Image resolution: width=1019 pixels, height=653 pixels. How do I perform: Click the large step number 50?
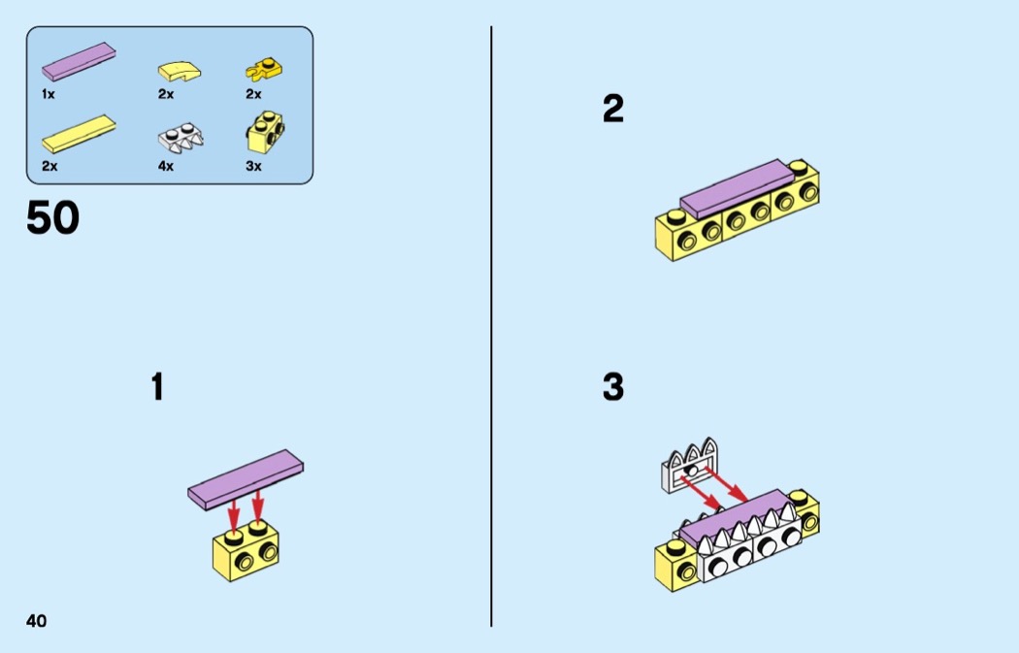click(x=52, y=217)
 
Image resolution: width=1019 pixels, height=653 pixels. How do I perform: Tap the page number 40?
click(x=37, y=621)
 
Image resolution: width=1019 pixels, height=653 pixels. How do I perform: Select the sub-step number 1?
click(x=157, y=386)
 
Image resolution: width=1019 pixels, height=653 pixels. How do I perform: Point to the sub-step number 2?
click(x=612, y=109)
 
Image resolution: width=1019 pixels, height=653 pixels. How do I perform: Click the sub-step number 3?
click(x=612, y=386)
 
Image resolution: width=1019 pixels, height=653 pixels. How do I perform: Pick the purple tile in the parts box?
click(x=79, y=62)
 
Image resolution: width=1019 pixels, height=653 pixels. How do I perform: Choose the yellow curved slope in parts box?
click(x=179, y=71)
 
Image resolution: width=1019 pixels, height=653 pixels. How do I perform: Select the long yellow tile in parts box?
click(x=79, y=134)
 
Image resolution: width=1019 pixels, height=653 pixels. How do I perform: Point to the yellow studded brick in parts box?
click(x=266, y=133)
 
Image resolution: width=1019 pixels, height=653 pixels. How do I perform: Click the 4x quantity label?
click(x=166, y=166)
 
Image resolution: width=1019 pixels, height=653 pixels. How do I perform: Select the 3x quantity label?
click(x=253, y=166)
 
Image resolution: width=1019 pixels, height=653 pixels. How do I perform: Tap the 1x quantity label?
click(x=49, y=94)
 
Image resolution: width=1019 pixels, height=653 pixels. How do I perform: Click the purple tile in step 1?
click(x=246, y=478)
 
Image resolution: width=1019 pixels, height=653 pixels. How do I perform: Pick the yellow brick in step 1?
click(x=246, y=554)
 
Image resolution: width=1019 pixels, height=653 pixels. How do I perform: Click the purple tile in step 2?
click(x=737, y=188)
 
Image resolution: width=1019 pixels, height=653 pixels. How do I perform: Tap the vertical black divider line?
click(x=491, y=326)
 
